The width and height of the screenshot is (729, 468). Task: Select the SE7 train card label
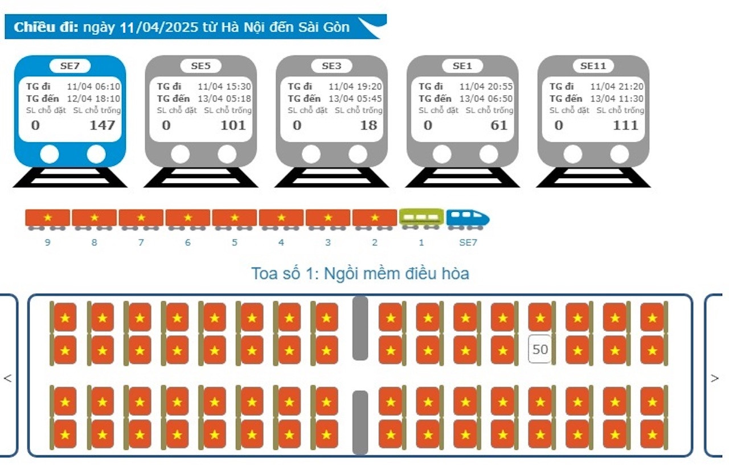(69, 65)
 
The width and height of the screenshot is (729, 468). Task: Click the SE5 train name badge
(200, 65)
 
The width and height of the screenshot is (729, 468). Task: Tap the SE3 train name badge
(331, 65)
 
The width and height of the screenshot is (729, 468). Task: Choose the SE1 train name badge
(462, 65)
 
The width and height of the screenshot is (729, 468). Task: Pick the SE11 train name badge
(593, 65)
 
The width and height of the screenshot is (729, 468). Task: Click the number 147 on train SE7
(102, 125)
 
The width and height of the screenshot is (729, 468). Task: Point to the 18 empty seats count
(368, 125)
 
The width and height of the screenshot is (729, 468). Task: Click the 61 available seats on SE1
(499, 125)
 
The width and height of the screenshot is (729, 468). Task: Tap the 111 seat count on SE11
(625, 125)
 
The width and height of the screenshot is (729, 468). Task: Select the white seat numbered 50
(540, 349)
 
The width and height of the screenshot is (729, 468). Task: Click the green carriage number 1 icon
(421, 218)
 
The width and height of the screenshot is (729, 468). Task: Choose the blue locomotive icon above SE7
(468, 218)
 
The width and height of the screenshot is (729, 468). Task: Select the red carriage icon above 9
(48, 218)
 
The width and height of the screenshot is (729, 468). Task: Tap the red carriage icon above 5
(235, 218)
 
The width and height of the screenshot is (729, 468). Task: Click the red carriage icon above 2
(375, 218)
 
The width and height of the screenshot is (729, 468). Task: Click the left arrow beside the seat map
(7, 378)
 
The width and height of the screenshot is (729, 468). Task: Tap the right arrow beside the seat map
(715, 378)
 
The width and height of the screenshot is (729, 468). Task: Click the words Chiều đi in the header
(46, 27)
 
